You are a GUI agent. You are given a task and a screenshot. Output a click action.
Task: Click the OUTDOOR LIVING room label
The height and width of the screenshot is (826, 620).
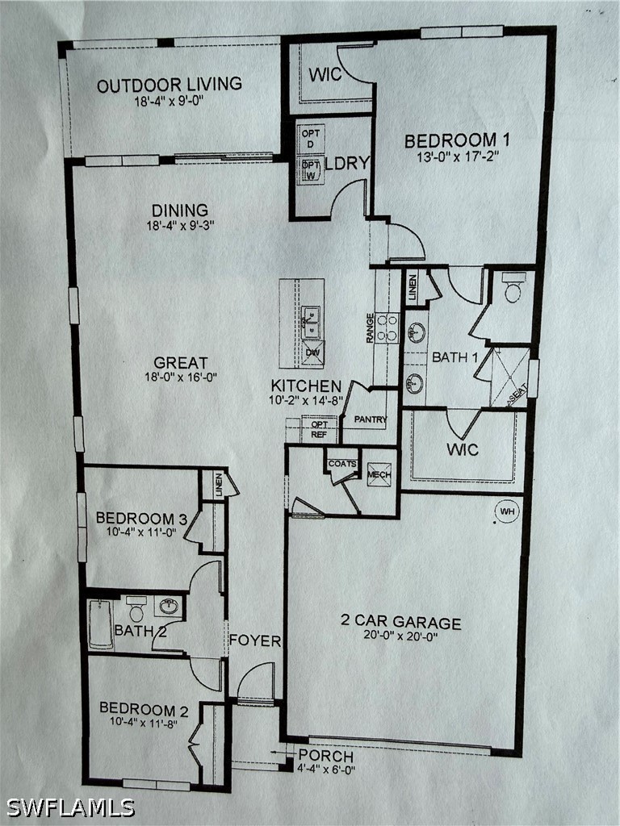[x=170, y=85]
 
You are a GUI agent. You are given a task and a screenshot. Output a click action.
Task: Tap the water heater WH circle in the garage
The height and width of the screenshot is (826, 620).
[x=507, y=511]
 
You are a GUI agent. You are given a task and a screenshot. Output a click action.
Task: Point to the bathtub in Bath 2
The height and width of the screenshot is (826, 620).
[x=100, y=624]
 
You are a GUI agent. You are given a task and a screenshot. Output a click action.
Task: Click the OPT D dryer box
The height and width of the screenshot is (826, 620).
[x=311, y=138]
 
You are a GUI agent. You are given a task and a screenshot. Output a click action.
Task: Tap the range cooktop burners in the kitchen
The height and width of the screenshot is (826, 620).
[x=387, y=327]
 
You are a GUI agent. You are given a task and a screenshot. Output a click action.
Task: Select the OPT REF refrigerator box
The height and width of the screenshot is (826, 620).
[x=319, y=429]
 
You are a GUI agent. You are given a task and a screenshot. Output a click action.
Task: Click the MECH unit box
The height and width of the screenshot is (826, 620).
[x=379, y=474]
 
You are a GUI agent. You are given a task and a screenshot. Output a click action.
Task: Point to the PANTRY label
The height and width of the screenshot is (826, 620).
[x=370, y=419]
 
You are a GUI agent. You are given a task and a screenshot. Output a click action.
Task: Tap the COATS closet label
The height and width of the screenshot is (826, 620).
[x=342, y=464]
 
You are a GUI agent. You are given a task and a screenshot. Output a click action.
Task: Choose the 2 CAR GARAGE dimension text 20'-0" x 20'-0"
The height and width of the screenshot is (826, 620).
[x=400, y=636]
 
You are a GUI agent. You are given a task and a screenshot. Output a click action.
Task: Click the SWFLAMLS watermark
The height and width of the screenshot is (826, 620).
[x=70, y=807]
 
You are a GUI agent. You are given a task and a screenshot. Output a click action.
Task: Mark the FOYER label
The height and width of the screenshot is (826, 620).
[x=254, y=640]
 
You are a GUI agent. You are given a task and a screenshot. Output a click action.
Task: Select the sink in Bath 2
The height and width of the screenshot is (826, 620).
[x=170, y=607]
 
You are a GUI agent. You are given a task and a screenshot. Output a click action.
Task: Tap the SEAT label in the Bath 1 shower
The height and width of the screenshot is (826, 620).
[x=517, y=395]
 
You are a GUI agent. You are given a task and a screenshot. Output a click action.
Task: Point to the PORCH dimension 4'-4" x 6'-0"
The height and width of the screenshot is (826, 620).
[x=326, y=769]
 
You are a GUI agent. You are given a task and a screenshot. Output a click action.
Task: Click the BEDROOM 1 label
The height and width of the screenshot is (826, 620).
[x=457, y=140]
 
